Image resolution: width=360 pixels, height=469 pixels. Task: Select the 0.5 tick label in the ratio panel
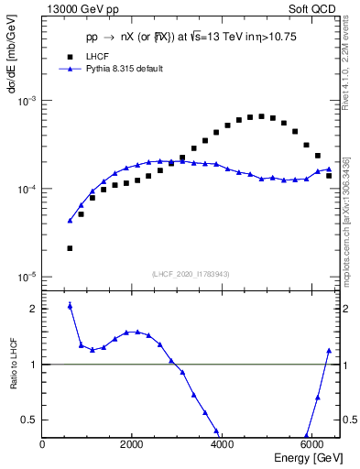pos(30,420)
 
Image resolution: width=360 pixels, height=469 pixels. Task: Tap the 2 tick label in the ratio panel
pos(34,309)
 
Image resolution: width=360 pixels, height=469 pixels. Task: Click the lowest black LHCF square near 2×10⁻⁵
pos(70,248)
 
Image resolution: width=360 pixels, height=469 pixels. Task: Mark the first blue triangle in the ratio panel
pos(70,305)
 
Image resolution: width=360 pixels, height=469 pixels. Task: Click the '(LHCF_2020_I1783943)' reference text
pos(191,275)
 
